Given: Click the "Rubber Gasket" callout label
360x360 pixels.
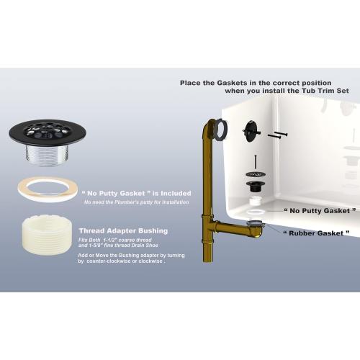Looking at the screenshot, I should point(317,233).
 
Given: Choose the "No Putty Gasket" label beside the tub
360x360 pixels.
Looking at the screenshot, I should point(320,211).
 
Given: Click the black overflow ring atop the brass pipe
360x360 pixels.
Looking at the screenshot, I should point(223,129).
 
